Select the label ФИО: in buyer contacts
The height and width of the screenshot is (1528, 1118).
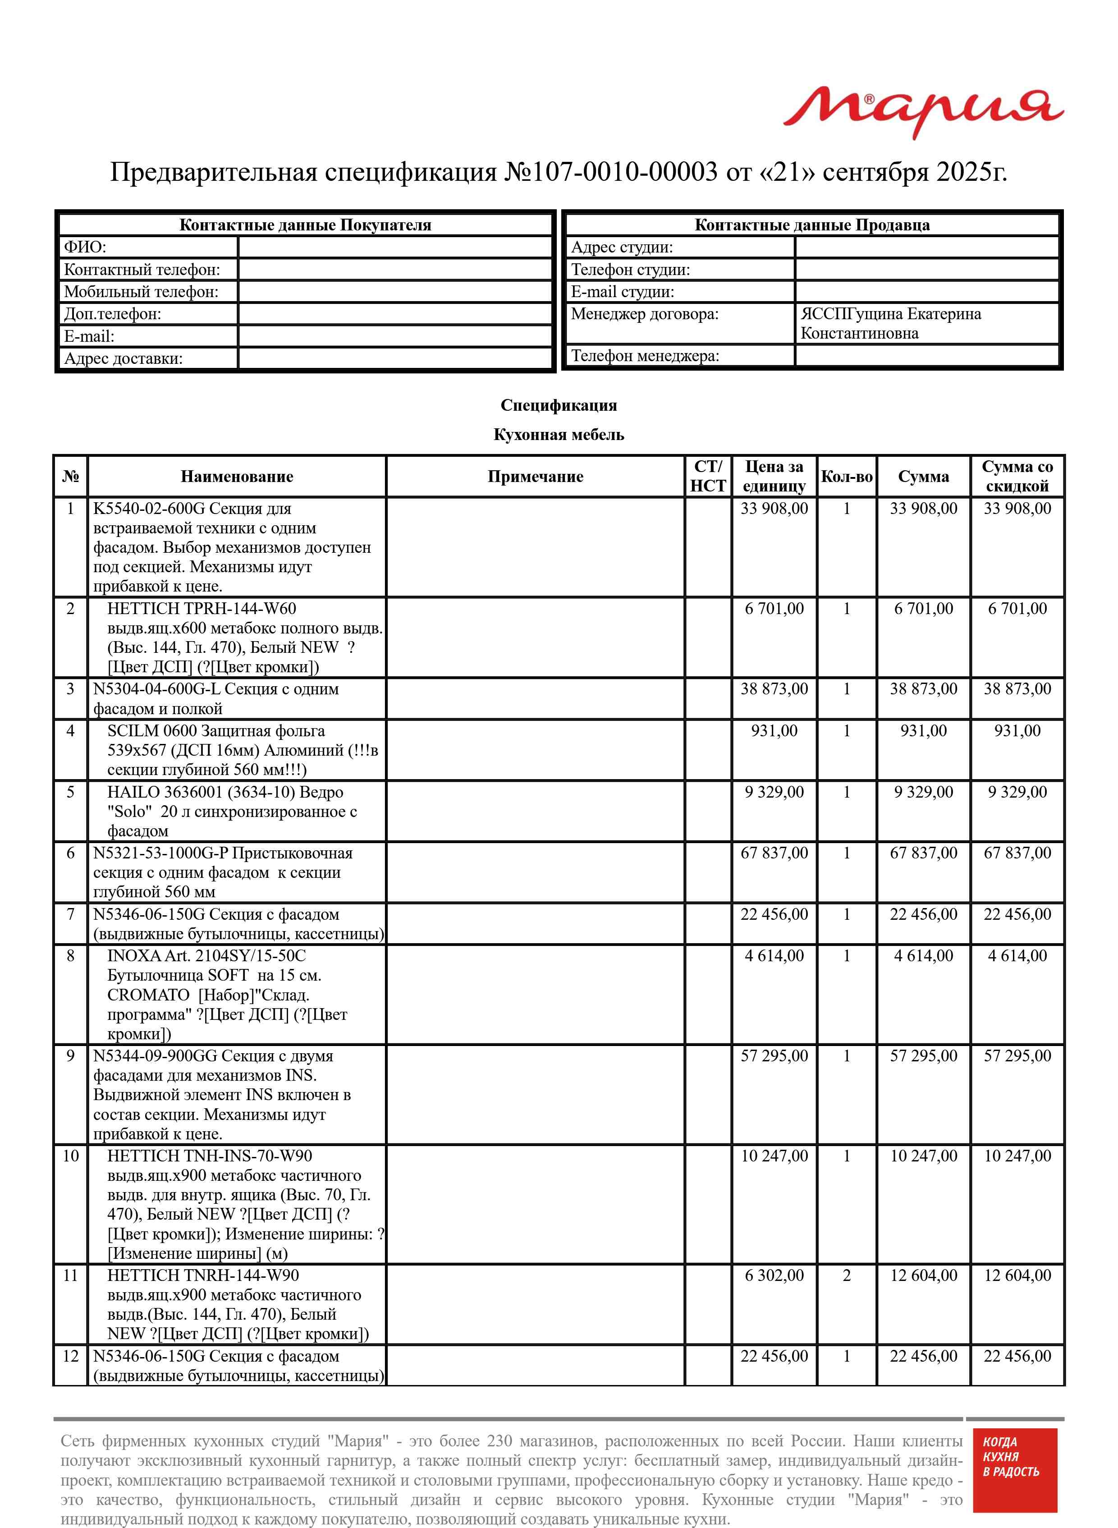click(x=85, y=247)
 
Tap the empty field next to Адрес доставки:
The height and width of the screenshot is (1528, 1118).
click(x=395, y=358)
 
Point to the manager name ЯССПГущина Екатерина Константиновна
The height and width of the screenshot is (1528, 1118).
click(x=891, y=323)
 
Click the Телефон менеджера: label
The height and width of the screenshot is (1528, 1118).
click(x=645, y=355)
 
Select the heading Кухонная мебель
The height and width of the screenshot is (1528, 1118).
click(x=558, y=435)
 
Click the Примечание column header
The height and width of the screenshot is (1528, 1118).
click(x=535, y=477)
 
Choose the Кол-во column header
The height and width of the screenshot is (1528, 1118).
click(x=847, y=477)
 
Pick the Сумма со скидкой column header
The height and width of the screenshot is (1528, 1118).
click(x=1017, y=477)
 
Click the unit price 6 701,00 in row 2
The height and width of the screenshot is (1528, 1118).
click(x=774, y=608)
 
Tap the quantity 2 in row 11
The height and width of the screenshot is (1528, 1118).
click(x=847, y=1275)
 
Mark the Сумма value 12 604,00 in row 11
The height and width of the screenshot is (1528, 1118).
click(x=923, y=1275)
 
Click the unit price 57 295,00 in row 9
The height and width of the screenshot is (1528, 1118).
click(x=774, y=1055)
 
